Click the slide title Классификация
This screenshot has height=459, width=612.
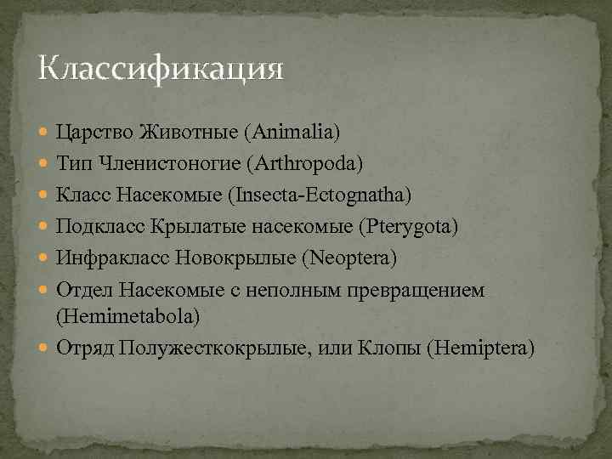(x=161, y=68)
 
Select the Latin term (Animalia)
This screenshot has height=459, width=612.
(x=292, y=132)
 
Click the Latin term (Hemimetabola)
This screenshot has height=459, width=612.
(x=128, y=316)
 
